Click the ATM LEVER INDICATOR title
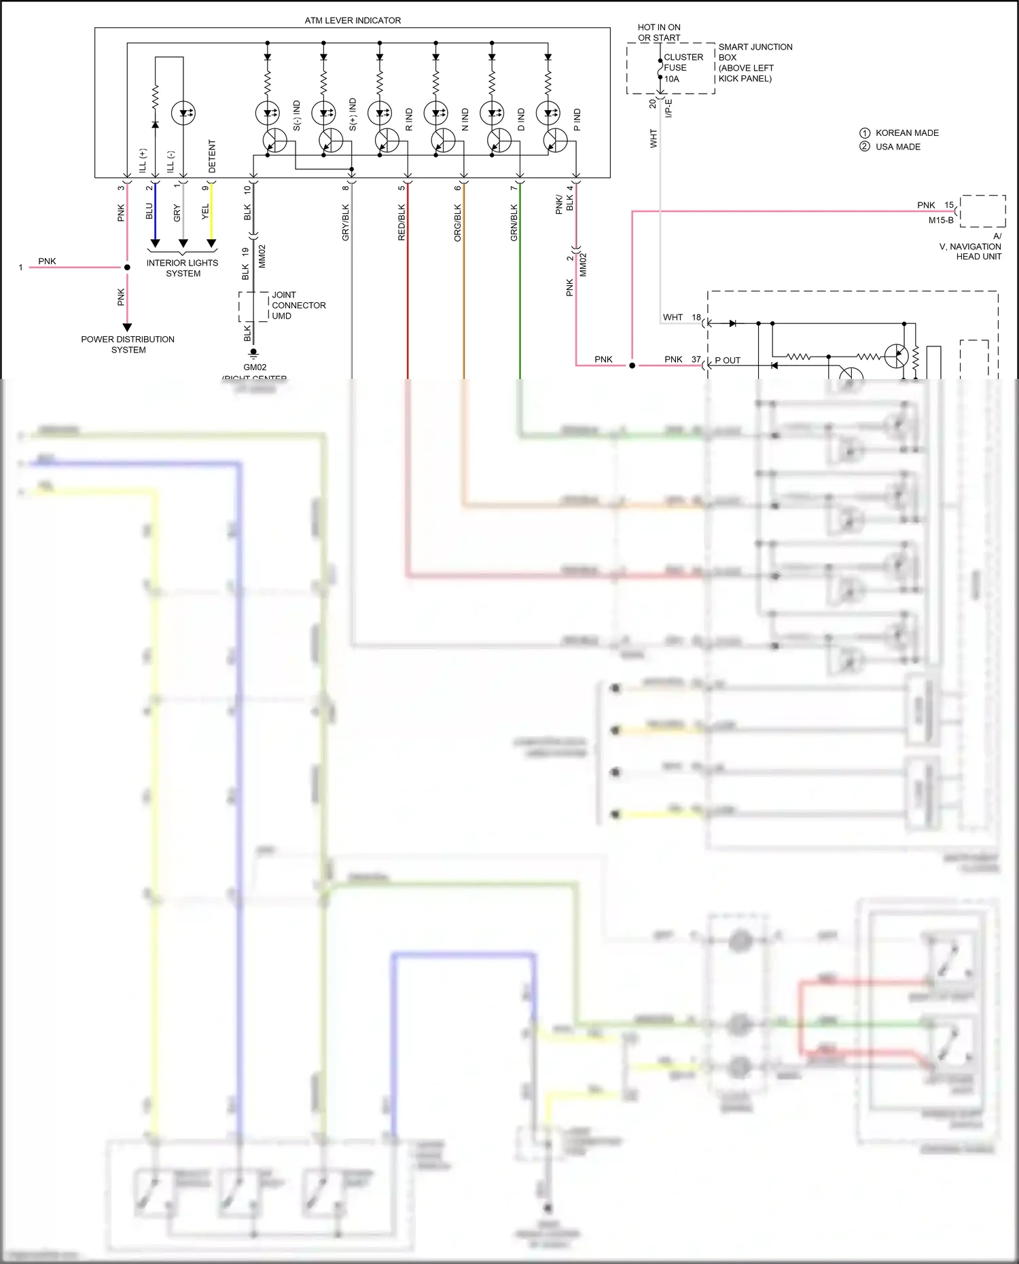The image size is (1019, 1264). (353, 20)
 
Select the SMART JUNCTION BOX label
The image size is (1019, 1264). (755, 62)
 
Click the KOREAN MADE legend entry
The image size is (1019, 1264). (906, 133)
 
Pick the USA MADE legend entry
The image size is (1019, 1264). (897, 147)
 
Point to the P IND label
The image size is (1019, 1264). (577, 120)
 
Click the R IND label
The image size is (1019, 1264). (409, 120)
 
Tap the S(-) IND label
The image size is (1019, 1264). (297, 116)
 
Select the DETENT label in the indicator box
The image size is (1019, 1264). (212, 156)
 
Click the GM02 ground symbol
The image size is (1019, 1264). (253, 354)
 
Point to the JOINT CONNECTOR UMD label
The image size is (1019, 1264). (298, 306)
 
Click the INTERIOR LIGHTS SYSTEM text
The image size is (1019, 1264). (182, 268)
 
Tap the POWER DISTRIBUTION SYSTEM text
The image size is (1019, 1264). (128, 344)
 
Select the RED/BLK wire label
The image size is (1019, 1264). (401, 222)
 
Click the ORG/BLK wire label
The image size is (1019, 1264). (458, 222)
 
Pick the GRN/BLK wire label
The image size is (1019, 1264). (514, 222)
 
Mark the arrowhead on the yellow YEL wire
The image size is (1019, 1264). (211, 243)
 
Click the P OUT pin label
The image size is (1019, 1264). (728, 361)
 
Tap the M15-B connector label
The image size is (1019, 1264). (941, 220)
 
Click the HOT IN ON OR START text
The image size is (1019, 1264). (659, 33)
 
